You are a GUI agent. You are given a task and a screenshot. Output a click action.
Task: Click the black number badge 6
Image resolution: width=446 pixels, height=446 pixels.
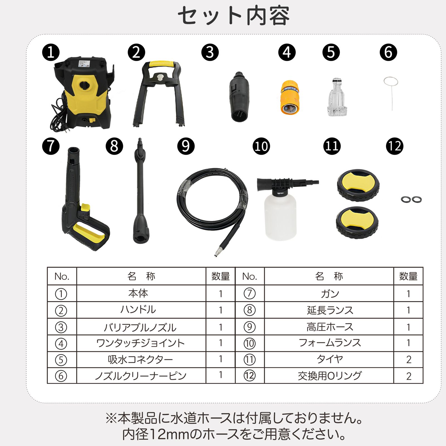point(388,52)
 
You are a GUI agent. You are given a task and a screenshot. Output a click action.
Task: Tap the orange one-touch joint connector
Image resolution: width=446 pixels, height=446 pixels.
point(290,97)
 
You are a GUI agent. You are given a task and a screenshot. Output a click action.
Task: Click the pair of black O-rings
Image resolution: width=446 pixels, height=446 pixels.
point(411,199)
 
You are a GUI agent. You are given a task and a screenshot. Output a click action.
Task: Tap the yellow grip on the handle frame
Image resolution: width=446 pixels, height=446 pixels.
point(161,64)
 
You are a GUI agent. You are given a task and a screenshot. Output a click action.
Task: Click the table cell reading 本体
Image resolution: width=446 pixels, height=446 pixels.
point(138,293)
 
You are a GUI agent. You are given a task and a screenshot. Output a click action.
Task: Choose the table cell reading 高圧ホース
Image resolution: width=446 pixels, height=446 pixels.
point(329,327)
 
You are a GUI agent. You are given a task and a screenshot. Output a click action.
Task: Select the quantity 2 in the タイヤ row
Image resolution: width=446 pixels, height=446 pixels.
point(408,360)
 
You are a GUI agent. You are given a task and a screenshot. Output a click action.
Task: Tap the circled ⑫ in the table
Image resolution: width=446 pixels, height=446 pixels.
point(249,376)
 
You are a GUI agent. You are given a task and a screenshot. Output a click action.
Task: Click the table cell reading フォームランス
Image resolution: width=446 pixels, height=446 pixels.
point(329,343)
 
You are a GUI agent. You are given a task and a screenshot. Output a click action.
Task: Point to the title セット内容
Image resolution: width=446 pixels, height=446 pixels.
point(234,16)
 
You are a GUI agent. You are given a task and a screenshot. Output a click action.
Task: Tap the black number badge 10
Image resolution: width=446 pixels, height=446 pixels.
point(261,146)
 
